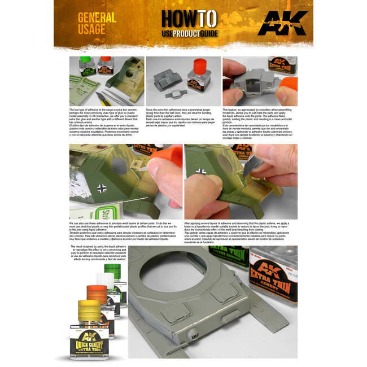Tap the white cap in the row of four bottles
pyautogui.click(x=106, y=280)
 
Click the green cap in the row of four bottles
pyautogui.click(x=113, y=269)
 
